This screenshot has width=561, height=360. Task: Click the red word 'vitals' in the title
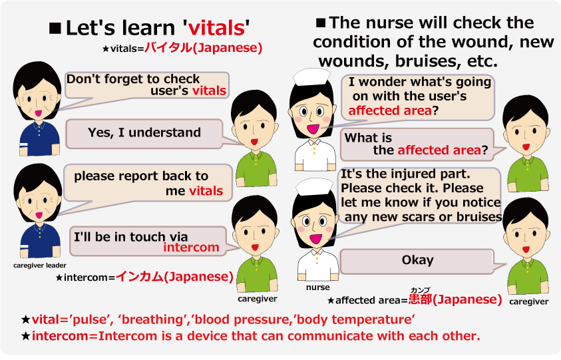(216, 28)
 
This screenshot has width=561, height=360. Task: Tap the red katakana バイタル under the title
(168, 48)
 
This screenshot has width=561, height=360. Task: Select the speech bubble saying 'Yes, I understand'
(144, 134)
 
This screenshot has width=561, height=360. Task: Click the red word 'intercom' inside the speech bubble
(192, 248)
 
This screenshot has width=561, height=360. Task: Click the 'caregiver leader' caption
(40, 266)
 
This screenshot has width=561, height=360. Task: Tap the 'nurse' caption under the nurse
(317, 287)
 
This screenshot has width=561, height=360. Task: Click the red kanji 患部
(421, 299)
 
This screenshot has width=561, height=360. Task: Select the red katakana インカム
(140, 276)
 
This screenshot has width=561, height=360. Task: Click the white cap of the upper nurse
(311, 77)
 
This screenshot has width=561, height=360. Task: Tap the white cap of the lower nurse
(315, 187)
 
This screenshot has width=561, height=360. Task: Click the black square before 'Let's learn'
(55, 28)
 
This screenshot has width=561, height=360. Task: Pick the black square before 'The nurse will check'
(321, 23)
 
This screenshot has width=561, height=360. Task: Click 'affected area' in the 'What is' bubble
(439, 150)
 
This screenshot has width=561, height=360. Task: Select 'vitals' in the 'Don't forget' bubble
(210, 90)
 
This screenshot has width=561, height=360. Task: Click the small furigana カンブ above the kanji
(421, 290)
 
